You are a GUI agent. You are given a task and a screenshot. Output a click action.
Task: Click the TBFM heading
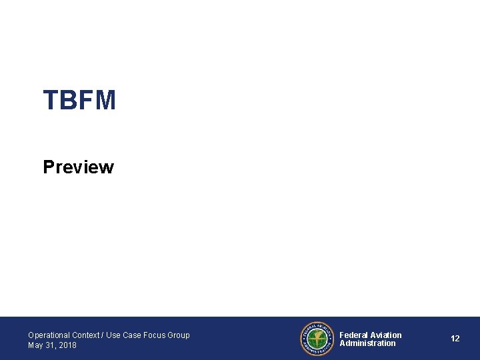click(x=79, y=101)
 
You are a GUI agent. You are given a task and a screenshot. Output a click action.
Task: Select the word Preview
click(x=78, y=167)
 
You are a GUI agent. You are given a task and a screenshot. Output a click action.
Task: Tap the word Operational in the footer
click(x=49, y=335)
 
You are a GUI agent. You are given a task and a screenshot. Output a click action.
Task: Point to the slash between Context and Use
click(x=103, y=335)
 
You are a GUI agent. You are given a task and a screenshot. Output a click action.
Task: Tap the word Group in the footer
click(x=179, y=335)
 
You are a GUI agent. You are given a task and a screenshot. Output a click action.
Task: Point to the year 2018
click(x=67, y=345)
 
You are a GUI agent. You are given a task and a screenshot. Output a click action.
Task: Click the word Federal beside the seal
click(x=353, y=335)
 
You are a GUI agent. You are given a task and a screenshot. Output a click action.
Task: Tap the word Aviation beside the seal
click(x=386, y=335)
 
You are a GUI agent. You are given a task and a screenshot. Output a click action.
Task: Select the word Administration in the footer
click(x=367, y=343)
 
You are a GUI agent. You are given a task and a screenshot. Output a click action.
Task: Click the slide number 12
click(x=455, y=339)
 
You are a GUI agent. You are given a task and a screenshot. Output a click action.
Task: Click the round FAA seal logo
click(x=317, y=339)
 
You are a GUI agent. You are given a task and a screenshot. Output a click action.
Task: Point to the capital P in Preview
click(x=49, y=167)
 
